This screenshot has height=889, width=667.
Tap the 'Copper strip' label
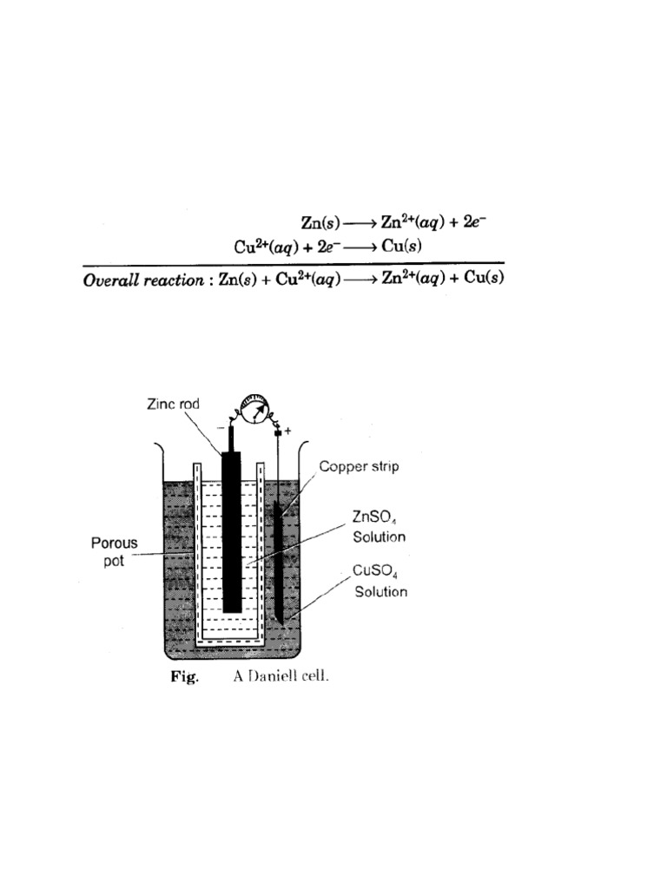359,467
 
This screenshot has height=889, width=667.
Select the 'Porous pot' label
115,551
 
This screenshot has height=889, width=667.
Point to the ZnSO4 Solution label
378,526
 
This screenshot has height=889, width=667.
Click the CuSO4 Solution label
380,582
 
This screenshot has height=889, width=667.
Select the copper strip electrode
278,556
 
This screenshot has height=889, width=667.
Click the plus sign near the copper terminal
287,429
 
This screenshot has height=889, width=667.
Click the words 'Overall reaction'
142,280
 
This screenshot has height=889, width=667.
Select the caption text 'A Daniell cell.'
281,677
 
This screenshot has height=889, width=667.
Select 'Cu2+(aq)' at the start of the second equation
263,246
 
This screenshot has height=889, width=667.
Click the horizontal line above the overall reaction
294,263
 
